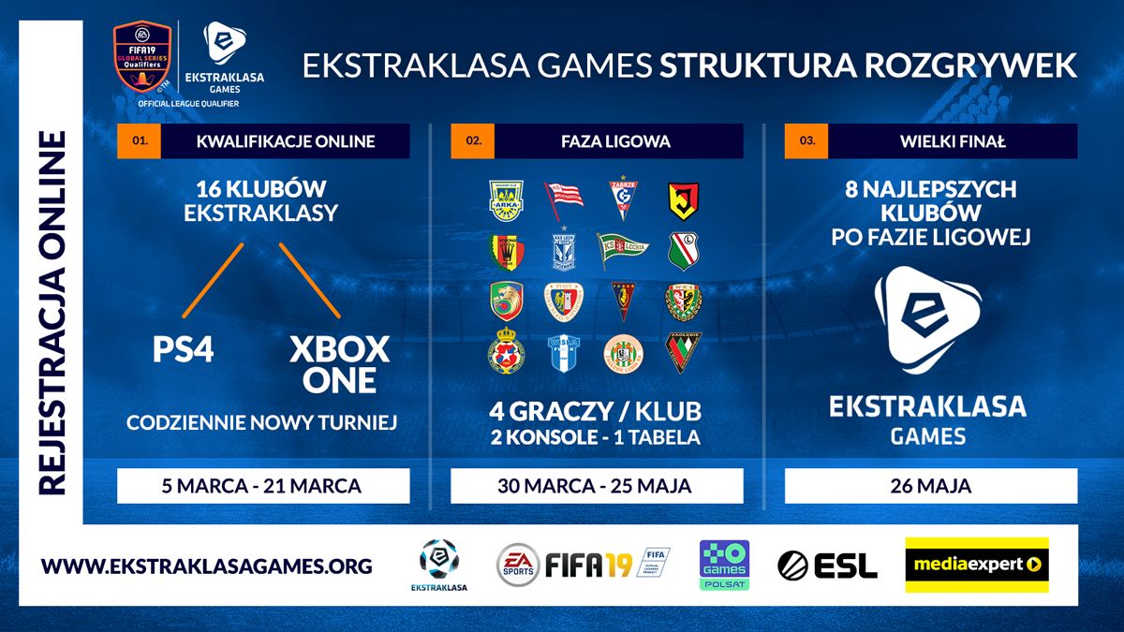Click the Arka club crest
507,199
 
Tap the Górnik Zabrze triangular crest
622,198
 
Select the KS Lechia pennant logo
623,251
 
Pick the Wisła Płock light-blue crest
565,353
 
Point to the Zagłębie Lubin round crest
623,353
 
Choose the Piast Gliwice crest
564,301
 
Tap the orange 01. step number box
140,141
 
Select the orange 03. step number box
806,141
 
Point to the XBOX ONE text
339,364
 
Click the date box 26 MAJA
930,486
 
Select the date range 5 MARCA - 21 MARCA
263,486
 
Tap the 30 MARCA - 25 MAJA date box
597,486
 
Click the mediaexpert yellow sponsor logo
976,565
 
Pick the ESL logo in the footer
827,566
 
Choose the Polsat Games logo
724,566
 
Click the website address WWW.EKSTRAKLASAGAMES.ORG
207,566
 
